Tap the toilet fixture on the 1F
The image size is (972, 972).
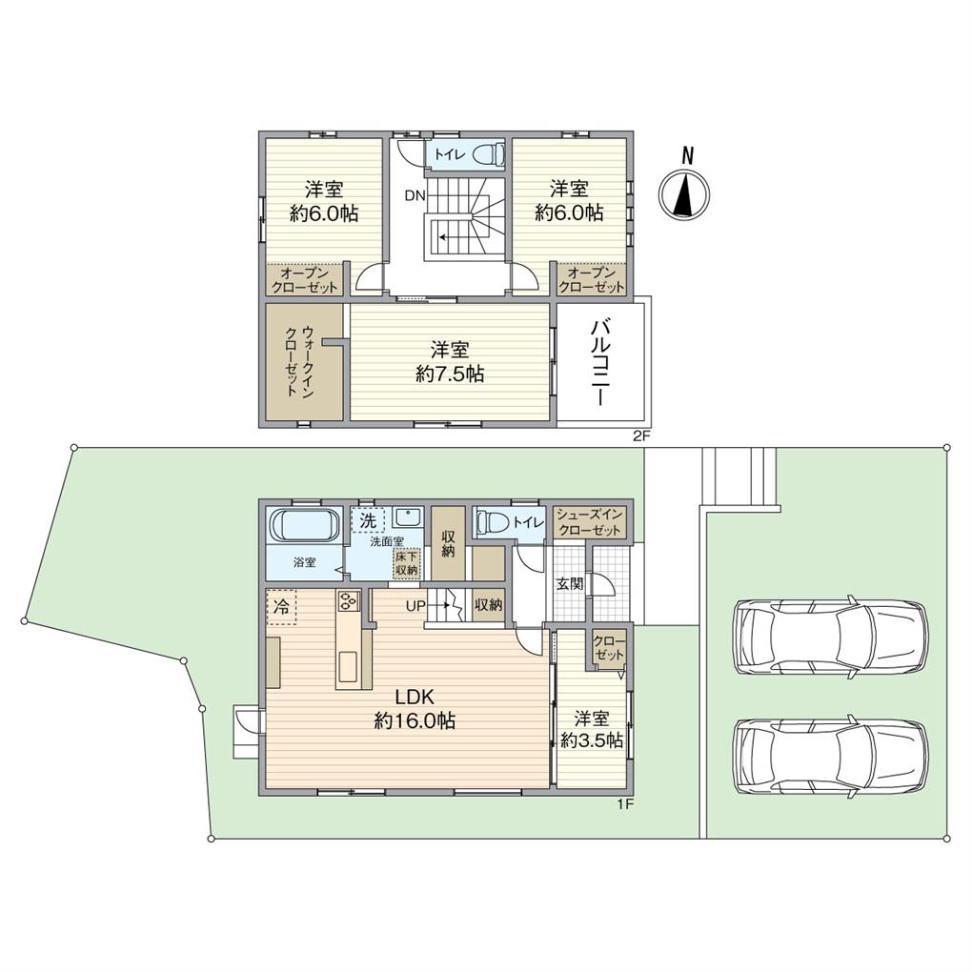pyautogui.click(x=493, y=522)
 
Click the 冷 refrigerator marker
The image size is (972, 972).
pyautogui.click(x=281, y=605)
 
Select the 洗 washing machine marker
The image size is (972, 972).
pyautogui.click(x=368, y=519)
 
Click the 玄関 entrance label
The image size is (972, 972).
pyautogui.click(x=569, y=583)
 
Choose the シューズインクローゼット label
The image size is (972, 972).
pyautogui.click(x=590, y=522)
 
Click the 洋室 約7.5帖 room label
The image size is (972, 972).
pyautogui.click(x=450, y=362)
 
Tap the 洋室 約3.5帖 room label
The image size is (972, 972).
pyautogui.click(x=592, y=729)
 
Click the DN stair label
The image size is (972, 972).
pyautogui.click(x=414, y=195)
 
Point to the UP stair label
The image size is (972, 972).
pyautogui.click(x=415, y=604)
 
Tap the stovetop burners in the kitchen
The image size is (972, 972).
pyautogui.click(x=347, y=601)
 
